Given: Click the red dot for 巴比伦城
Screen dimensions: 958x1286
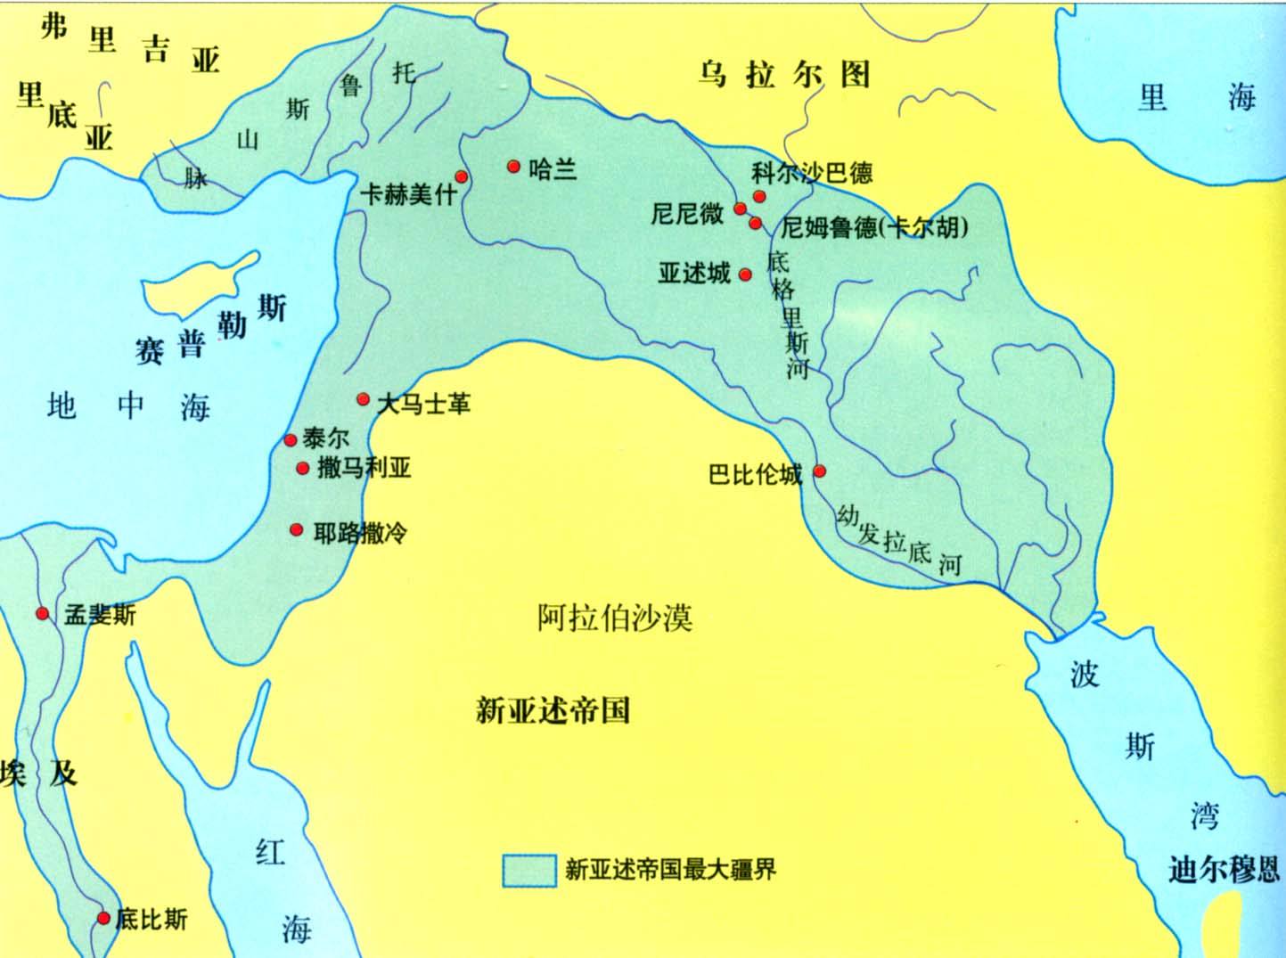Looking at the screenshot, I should pyautogui.click(x=820, y=471).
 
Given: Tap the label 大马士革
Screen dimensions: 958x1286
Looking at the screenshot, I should pyautogui.click(x=423, y=405).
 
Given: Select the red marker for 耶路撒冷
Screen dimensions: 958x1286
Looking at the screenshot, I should pyautogui.click(x=297, y=530).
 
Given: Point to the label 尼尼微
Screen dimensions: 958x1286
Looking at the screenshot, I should pyautogui.click(x=687, y=214).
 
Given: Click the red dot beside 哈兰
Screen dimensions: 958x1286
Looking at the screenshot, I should pyautogui.click(x=513, y=167).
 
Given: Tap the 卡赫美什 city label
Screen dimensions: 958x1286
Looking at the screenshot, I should pyautogui.click(x=408, y=193).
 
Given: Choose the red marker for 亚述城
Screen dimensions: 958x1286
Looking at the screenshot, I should pyautogui.click(x=746, y=274).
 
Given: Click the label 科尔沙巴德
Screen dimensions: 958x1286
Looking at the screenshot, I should pyautogui.click(x=812, y=173).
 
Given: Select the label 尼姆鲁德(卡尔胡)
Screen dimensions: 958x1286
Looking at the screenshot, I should pyautogui.click(x=874, y=228).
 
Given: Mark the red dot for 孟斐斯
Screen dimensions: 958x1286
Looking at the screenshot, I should pyautogui.click(x=42, y=613).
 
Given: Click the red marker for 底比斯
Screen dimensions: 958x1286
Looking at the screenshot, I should pyautogui.click(x=103, y=918).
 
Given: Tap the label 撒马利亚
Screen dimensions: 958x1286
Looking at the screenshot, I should pyautogui.click(x=365, y=469).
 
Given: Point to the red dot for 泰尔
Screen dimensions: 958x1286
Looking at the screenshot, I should pyautogui.click(x=291, y=439).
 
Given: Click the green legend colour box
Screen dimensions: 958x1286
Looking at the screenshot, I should pyautogui.click(x=528, y=871).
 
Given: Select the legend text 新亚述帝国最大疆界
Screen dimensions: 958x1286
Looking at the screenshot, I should pyautogui.click(x=670, y=870).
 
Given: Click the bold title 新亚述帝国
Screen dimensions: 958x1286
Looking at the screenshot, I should pyautogui.click(x=553, y=711).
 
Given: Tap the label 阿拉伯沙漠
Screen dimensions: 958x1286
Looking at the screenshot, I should pyautogui.click(x=615, y=617).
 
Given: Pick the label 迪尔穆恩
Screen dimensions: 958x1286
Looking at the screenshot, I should pyautogui.click(x=1225, y=869).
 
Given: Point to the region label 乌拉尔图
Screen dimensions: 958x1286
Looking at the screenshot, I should pyautogui.click(x=783, y=75).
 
